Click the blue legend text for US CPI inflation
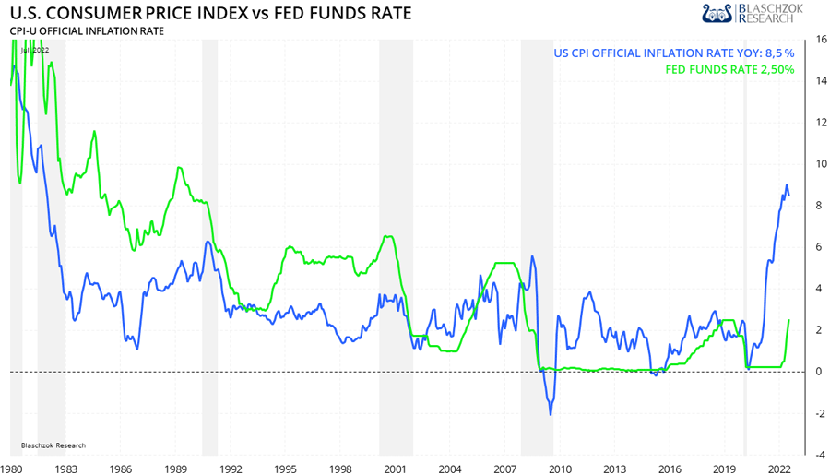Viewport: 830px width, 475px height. pyautogui.click(x=674, y=53)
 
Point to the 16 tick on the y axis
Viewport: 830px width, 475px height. pyautogui.click(x=819, y=40)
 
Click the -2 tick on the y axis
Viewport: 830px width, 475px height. pyautogui.click(x=819, y=413)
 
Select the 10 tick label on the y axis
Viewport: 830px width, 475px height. pyautogui.click(x=819, y=164)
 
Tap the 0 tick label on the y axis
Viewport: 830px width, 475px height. pyautogui.click(x=819, y=372)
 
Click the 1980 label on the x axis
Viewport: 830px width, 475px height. pyautogui.click(x=11, y=469)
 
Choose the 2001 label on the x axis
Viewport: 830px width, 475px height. pyautogui.click(x=396, y=469)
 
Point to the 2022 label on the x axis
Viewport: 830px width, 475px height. pyautogui.click(x=778, y=469)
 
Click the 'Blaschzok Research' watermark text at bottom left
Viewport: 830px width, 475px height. pyautogui.click(x=53, y=445)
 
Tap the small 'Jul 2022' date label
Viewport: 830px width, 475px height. pyautogui.click(x=34, y=50)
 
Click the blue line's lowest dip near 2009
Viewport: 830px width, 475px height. pyautogui.click(x=551, y=414)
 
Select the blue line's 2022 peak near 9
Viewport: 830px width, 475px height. pyautogui.click(x=786, y=185)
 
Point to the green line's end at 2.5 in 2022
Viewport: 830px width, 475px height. pyautogui.click(x=789, y=320)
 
